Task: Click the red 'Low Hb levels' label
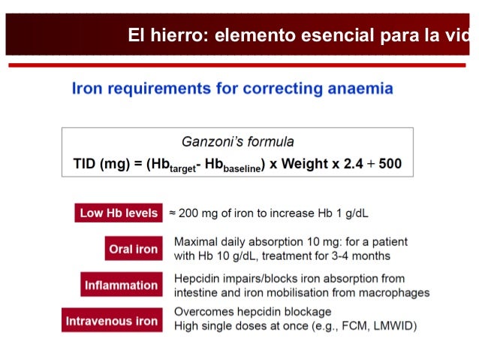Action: [119, 213]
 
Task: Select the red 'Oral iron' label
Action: [133, 250]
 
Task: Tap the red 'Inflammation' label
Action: [122, 286]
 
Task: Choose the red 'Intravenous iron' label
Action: [112, 321]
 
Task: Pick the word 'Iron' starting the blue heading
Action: [86, 89]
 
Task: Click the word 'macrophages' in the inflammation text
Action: [394, 292]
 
